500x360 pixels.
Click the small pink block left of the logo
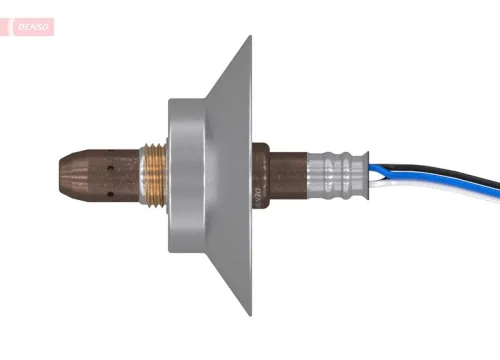tap(8, 27)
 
